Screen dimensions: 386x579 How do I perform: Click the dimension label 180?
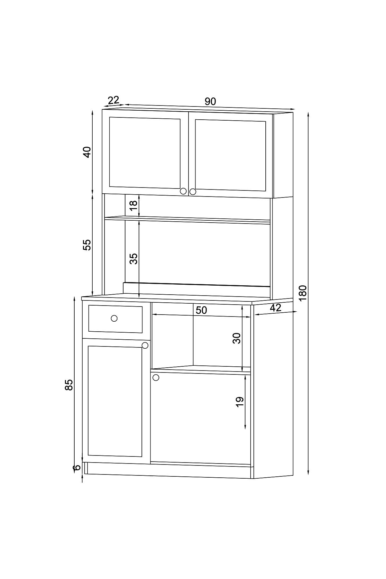tap(303, 293)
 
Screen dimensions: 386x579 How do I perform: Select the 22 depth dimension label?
tap(114, 100)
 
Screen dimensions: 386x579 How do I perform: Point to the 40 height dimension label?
tap(87, 152)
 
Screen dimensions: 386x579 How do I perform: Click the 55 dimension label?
tap(87, 245)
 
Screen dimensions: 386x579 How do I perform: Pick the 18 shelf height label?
tap(133, 205)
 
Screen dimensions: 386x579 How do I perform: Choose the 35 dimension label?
tap(133, 259)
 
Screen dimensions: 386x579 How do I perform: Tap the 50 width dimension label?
tap(201, 310)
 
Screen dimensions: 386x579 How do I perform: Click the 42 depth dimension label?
tap(276, 308)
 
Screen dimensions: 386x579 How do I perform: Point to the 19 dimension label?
tap(240, 402)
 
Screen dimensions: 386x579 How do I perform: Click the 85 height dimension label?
tap(69, 385)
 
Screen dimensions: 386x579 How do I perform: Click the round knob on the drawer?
tap(114, 318)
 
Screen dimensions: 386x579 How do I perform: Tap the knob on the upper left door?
tap(183, 191)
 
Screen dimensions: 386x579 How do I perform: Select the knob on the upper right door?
tap(193, 192)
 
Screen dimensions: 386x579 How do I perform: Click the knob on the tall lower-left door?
tap(145, 345)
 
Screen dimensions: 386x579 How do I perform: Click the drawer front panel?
tap(115, 319)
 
